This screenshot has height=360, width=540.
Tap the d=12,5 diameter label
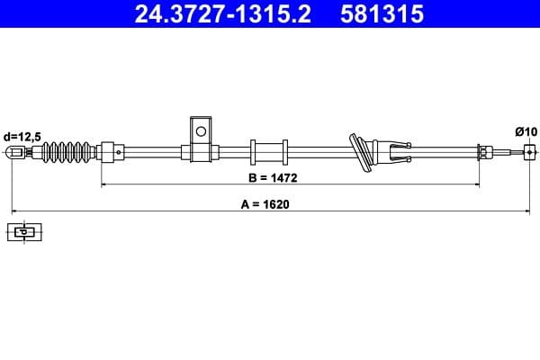pos(22,136)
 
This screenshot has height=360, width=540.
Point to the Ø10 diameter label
pos(526,131)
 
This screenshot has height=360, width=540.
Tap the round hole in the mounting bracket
pos(201,132)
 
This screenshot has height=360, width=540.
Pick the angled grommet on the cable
pos(361,152)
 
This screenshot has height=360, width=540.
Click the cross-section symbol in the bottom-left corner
pos(24,232)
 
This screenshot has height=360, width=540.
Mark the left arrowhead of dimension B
pos(104,184)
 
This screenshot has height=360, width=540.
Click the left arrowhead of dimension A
pos(13,211)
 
